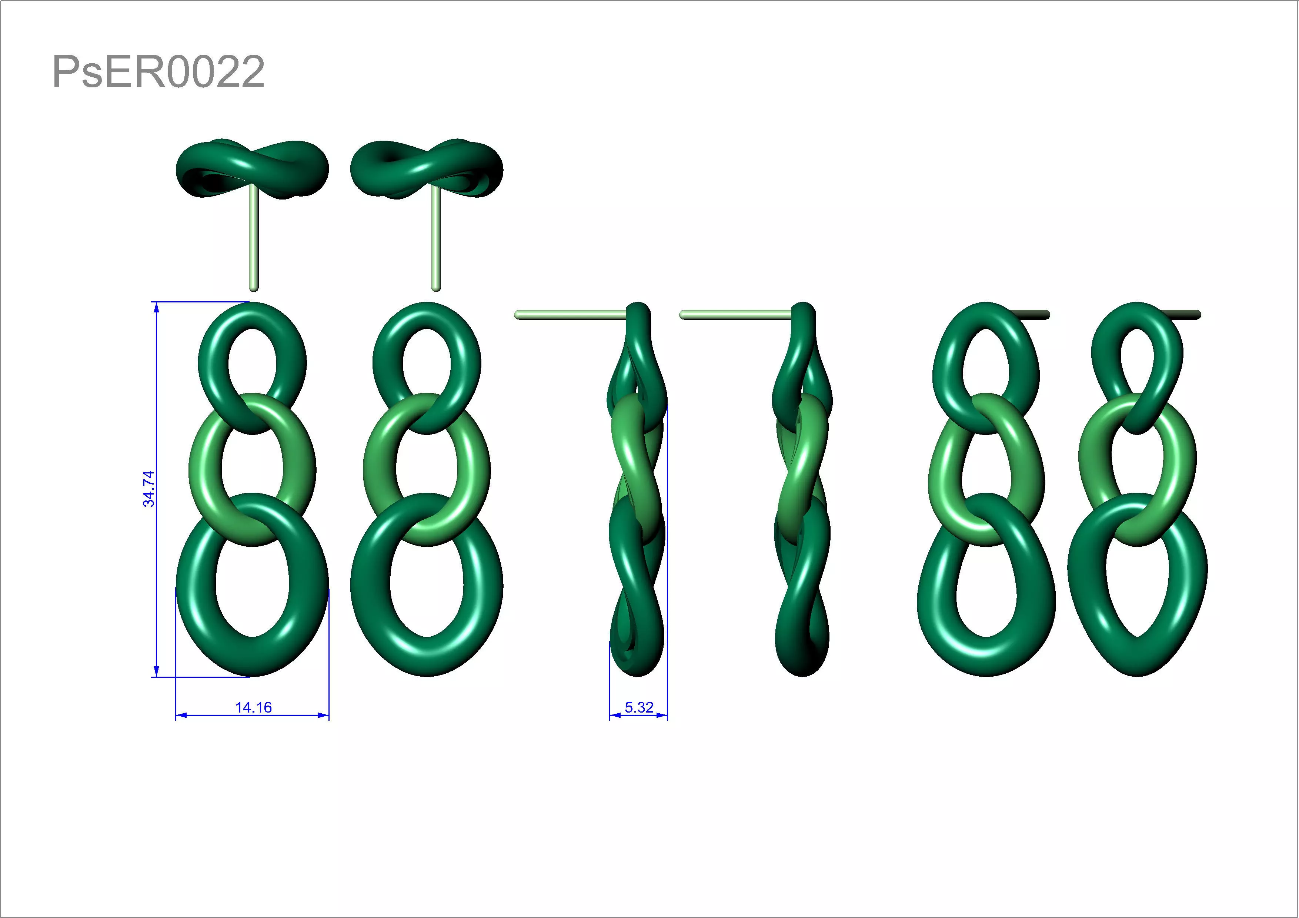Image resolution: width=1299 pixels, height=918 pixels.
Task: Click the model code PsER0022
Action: (x=158, y=72)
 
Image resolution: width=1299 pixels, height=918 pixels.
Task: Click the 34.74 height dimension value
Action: (x=148, y=489)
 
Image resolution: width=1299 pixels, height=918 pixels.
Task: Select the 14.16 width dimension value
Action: (x=253, y=707)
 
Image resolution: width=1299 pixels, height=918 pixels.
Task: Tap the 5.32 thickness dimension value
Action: (x=639, y=707)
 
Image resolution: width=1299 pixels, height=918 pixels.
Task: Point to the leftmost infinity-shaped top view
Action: (x=252, y=168)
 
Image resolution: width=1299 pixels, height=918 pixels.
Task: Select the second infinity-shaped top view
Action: (x=427, y=168)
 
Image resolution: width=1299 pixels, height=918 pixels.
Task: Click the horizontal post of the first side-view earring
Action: (x=569, y=315)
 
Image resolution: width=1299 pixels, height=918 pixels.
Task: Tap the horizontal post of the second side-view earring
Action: (x=734, y=315)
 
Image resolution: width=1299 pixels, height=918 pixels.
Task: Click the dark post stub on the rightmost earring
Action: (x=1185, y=315)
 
